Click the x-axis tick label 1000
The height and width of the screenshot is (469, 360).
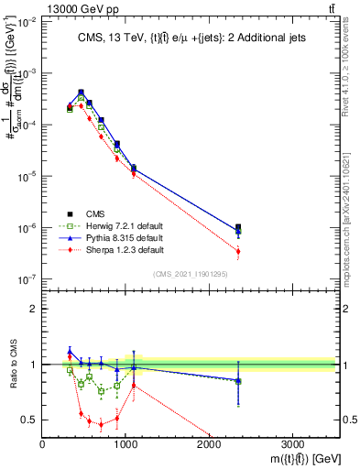126,442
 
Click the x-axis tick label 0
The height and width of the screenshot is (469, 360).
43,442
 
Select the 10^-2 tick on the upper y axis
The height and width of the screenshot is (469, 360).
27,23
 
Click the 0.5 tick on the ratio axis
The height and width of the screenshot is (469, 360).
30,420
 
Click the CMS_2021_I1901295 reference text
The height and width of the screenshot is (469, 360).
190,274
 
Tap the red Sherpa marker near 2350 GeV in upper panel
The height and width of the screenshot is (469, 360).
238,251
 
